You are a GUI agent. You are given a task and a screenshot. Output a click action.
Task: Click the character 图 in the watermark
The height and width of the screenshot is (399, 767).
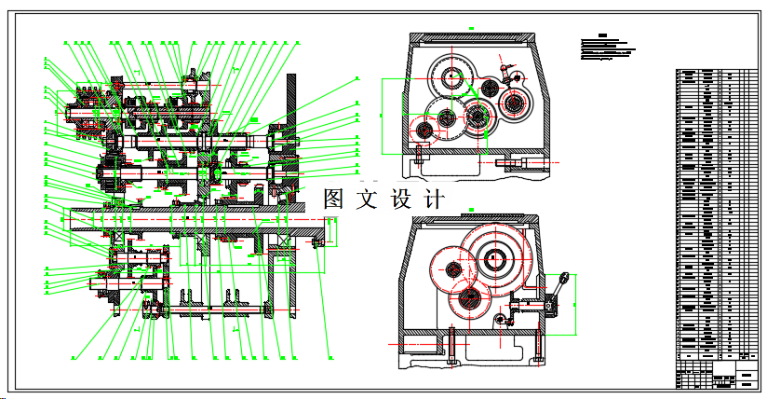(x=335, y=199)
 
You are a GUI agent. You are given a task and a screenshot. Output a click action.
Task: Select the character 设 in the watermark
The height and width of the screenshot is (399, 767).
(x=402, y=199)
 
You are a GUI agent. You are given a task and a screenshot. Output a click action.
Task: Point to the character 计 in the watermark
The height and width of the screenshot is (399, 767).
(x=434, y=199)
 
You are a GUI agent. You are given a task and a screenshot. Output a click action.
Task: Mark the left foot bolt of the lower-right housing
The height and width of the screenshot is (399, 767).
(x=451, y=347)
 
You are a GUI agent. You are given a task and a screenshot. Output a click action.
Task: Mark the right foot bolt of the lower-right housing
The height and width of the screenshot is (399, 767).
(x=538, y=347)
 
